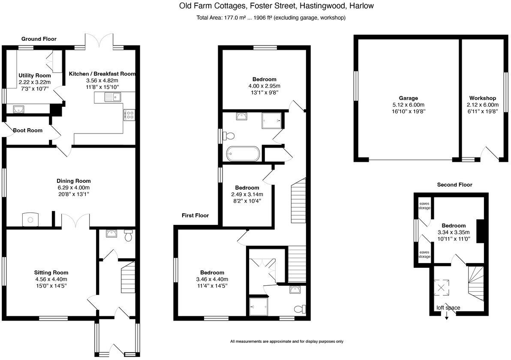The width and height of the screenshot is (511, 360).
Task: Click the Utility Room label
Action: [34, 76]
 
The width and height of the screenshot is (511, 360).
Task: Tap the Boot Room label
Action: [27, 130]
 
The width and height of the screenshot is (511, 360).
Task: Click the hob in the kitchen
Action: [129, 115]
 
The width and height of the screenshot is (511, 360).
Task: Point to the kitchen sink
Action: [112, 98]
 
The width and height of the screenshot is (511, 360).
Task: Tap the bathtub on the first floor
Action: [242, 154]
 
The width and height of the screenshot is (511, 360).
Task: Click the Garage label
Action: [408, 98]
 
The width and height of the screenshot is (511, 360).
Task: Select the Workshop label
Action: [482, 98]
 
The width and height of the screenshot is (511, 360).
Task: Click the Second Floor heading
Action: [454, 185]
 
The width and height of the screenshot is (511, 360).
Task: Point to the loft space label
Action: [448, 308]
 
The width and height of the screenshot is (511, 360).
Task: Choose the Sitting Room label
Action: [51, 272]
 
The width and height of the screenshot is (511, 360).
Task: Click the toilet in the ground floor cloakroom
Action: [128, 236]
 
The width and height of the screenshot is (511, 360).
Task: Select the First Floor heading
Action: [195, 215]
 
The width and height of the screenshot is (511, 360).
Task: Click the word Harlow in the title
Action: [362, 6]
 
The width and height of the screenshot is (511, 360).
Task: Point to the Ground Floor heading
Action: [39, 39]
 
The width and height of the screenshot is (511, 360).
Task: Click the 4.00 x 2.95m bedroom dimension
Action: [264, 86]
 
